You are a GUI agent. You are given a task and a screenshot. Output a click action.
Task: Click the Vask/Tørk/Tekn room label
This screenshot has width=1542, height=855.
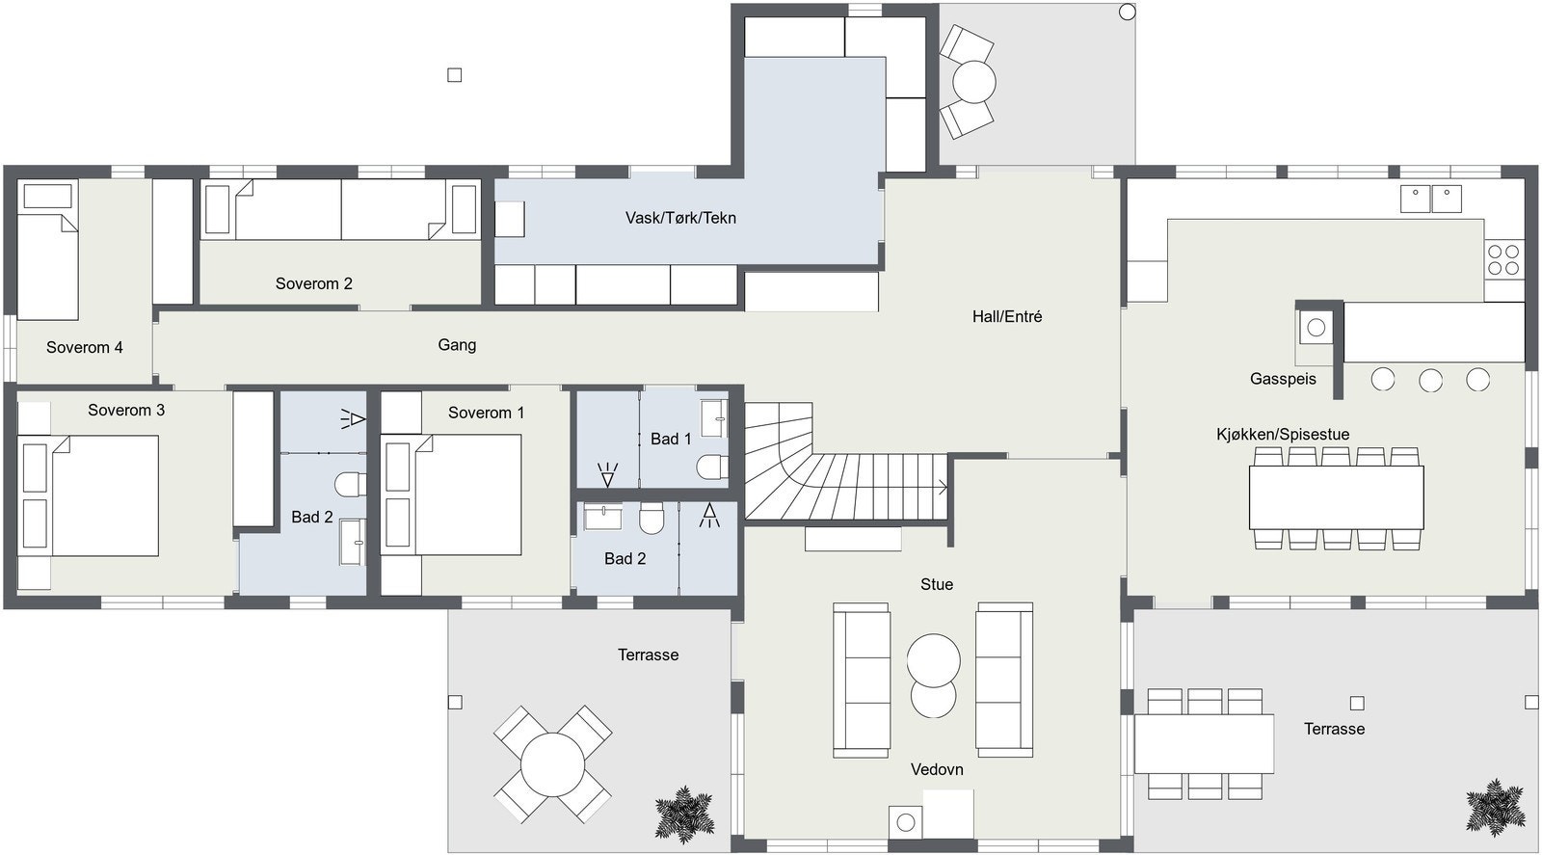coord(680,218)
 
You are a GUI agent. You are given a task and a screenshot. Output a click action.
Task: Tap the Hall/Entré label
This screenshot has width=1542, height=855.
coord(1006,316)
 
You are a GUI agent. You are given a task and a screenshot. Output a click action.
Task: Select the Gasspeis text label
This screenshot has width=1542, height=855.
coord(1282,379)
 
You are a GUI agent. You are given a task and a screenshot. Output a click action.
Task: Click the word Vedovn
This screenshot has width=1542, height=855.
coord(937,769)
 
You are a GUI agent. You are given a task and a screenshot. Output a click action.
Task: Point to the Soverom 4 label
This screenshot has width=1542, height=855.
coord(85,347)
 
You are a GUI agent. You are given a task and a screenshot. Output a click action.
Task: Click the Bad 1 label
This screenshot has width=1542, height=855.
coord(671,439)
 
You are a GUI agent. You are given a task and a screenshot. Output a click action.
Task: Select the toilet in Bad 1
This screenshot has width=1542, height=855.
coord(712,467)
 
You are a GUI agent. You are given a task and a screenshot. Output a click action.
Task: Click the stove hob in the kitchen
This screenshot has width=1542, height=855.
coord(1502,258)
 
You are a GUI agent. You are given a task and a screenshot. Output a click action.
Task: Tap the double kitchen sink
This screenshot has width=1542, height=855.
coord(1430,199)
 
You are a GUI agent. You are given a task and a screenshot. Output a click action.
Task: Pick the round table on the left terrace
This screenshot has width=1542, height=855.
coord(552,762)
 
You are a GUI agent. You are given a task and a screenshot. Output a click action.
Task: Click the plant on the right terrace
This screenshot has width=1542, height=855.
coord(1495,806)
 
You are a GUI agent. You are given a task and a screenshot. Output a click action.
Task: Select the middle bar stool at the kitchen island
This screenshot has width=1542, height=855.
coord(1430,380)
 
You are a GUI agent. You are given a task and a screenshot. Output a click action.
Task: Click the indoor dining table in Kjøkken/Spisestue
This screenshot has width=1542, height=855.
coord(1336,496)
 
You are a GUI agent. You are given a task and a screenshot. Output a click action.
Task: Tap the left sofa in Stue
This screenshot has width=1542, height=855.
coord(861,679)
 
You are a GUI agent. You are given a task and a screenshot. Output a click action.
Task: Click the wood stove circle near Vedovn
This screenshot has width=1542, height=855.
coord(905,821)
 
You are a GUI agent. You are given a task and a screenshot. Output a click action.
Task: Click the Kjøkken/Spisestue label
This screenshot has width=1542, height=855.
coord(1282,435)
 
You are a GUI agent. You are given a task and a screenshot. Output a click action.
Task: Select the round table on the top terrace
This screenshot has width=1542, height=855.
coord(973,82)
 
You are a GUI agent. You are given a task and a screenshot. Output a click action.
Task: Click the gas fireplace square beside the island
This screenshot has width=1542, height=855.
coord(1316,328)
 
